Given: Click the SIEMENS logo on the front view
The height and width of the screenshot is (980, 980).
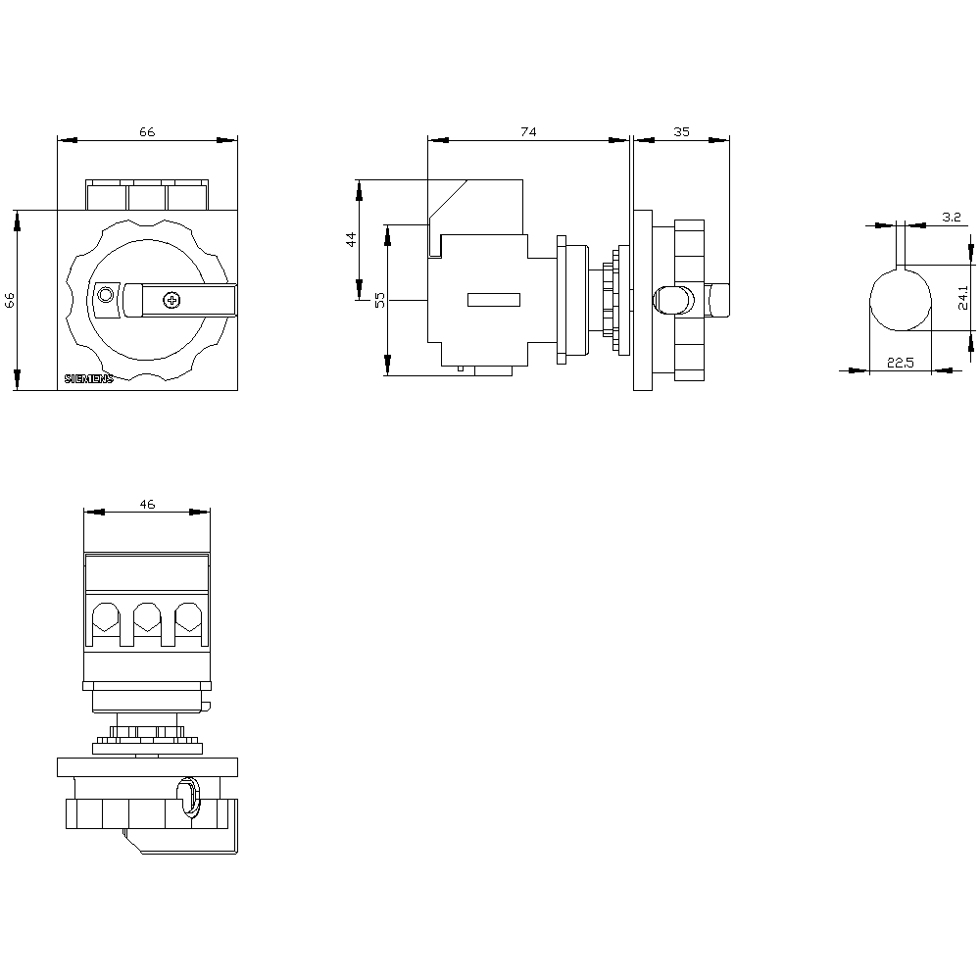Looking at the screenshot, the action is pos(89,378).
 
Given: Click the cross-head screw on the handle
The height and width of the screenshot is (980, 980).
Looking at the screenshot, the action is pos(171,300).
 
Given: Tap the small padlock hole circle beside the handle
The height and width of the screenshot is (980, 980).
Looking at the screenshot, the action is pos(106,294).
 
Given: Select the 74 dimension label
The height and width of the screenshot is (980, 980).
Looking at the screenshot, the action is pos(529,132).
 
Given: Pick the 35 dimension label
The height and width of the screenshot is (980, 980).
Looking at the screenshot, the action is pos(682,132).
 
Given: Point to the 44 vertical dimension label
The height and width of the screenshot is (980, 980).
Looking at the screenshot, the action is pos(351,239).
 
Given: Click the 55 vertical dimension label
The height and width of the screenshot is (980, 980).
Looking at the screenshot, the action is pos(380,300).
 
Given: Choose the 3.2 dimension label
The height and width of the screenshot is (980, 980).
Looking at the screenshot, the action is pos(952,217).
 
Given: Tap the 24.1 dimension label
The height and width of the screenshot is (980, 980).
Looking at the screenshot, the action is pos(963,298).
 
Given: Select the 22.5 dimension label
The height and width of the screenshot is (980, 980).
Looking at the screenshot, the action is pos(900,363).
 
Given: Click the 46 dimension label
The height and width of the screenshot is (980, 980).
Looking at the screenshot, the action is pos(147,505).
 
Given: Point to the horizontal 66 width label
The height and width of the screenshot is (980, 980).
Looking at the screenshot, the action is pos(147,132).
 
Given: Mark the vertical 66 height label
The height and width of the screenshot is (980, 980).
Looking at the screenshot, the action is pos(10,300).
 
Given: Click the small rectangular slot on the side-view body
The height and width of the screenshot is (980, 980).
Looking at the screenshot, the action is pos(494,300).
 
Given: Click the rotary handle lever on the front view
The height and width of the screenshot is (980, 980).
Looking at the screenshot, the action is pos(180,300).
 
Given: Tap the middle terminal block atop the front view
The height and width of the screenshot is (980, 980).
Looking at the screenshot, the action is pos(147,195).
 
